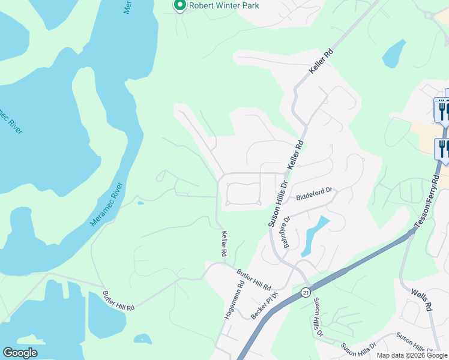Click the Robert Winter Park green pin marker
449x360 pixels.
[179, 5]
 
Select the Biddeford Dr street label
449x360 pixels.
[314, 194]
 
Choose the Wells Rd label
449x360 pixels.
[421, 301]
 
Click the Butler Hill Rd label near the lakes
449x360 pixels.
[118, 300]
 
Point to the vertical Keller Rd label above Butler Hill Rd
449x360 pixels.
[224, 244]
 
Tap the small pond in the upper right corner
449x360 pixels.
[394, 53]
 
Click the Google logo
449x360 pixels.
[20, 353]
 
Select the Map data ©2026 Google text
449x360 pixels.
[412, 355]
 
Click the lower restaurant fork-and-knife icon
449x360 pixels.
[443, 148]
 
